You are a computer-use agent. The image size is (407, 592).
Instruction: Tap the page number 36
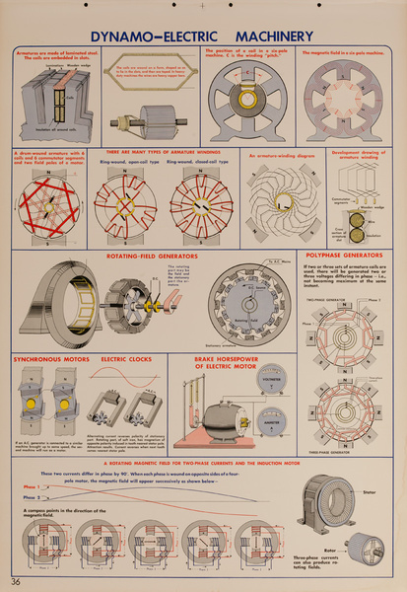click(16, 580)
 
